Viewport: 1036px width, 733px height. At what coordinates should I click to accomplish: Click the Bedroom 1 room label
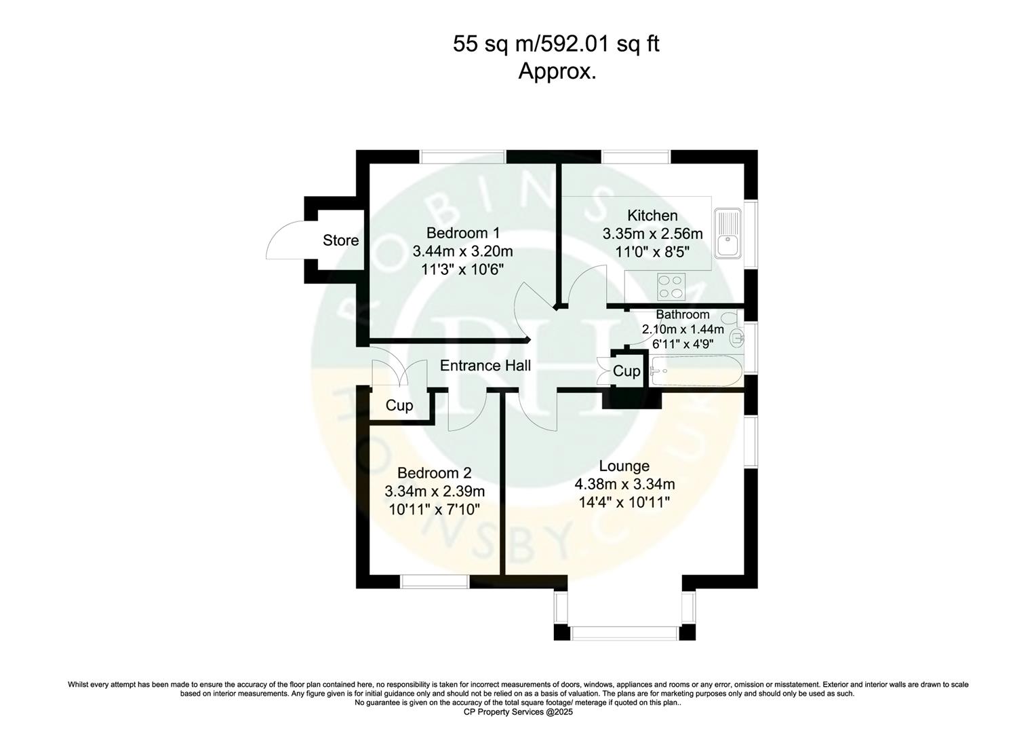462,233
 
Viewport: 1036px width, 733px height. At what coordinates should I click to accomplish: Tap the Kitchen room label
652,216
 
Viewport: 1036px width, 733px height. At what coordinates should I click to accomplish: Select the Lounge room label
624,466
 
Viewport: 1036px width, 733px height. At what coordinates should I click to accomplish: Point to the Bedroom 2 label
434,473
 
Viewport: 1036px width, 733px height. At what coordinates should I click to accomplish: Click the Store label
340,240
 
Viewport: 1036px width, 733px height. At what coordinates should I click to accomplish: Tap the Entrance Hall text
485,366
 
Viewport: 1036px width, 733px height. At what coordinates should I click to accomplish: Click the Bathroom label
682,315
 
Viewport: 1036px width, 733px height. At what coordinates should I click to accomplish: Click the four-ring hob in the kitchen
671,286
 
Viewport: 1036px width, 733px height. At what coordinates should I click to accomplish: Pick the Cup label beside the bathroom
626,371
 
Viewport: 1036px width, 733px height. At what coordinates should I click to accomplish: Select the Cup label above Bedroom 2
399,406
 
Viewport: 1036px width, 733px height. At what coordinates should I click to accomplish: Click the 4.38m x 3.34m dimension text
624,485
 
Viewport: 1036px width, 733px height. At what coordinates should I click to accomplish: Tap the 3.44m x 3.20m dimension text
462,251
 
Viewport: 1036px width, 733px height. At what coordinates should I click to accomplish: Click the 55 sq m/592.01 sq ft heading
556,45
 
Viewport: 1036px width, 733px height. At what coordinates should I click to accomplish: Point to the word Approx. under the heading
557,71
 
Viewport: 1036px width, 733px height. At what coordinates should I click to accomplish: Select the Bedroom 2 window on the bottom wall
434,582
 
